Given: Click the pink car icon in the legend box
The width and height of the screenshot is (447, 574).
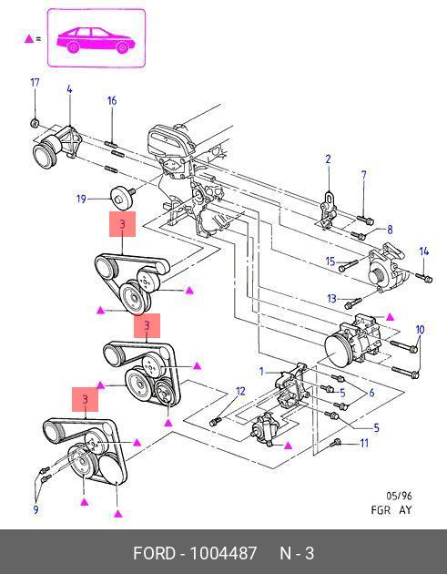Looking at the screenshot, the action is coord(96,40).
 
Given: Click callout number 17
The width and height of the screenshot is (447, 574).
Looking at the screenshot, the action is coord(35,82).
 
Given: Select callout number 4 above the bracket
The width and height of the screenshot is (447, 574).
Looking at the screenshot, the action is coord(69,89).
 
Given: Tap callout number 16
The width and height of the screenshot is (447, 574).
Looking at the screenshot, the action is coord(112,100).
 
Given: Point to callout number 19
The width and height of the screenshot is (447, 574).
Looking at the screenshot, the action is coord(81,199).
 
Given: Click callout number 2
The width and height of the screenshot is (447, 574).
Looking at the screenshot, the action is coord(328,159).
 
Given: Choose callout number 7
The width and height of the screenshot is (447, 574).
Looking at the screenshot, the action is coord(363,175).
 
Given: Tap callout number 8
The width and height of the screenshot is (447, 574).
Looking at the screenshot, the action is coord(390,230).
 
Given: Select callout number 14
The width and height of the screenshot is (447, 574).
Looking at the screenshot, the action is coord(424,251).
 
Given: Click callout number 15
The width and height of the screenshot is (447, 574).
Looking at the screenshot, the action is coord(330,261).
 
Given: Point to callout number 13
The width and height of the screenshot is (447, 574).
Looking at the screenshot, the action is coord(331,298).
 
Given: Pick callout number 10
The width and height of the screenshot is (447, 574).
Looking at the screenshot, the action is coord(420,330).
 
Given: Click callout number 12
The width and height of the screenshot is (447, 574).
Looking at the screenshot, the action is coord(240,392).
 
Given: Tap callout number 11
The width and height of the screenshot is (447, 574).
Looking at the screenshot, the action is coord(364,444).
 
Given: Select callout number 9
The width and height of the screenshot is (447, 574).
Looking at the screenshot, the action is coord(36,509).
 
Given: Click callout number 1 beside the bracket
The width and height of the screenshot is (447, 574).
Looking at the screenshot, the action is coord(261,372).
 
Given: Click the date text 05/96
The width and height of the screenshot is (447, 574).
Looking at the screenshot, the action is coord(399,496).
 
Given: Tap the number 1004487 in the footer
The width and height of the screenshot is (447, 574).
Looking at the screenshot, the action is coord(223,553).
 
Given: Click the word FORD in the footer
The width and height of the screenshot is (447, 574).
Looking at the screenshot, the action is coord(154,553).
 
